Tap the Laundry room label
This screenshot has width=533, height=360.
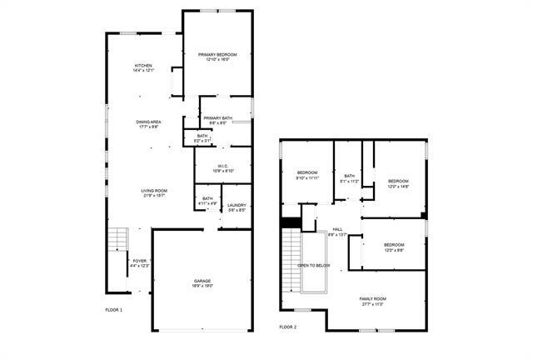click(x=237, y=207)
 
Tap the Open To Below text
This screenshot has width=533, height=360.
click(x=314, y=266)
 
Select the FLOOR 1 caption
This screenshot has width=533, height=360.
click(x=113, y=310)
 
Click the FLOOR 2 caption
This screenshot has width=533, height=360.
click(x=287, y=327)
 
